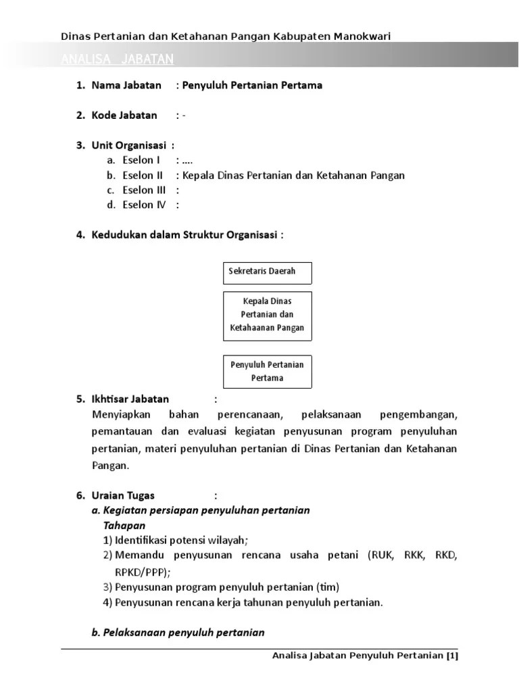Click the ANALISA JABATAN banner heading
click(x=117, y=60)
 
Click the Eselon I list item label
click(x=141, y=160)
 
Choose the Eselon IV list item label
click(x=144, y=205)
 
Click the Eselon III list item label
click(x=144, y=190)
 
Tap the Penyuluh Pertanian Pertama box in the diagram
click(x=267, y=371)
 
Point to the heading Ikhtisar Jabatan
click(x=130, y=399)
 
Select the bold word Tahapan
click(x=124, y=525)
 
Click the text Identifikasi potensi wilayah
click(x=180, y=540)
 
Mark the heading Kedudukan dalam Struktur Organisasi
click(x=186, y=234)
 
